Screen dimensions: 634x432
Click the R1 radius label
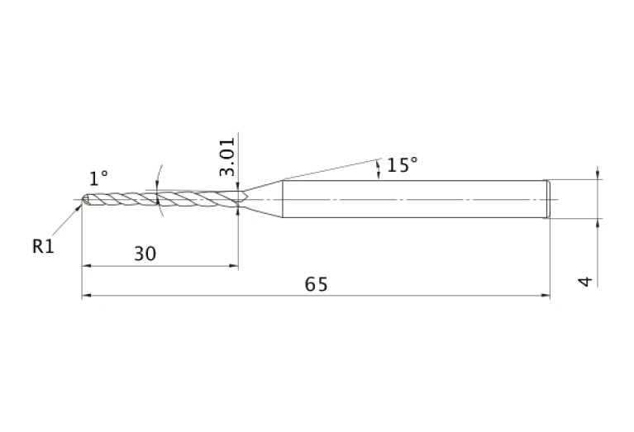(x=43, y=246)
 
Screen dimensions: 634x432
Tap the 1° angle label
(x=98, y=178)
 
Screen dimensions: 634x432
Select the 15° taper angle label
(x=402, y=165)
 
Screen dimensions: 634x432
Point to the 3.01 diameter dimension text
(x=227, y=157)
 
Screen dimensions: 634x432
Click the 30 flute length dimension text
(x=145, y=254)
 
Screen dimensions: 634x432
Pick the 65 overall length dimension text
(x=317, y=284)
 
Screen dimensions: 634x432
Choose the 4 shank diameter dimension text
(x=585, y=282)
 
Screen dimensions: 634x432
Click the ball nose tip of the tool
(x=85, y=199)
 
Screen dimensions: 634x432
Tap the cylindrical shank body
(x=413, y=199)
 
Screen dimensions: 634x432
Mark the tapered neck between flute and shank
(x=262, y=199)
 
